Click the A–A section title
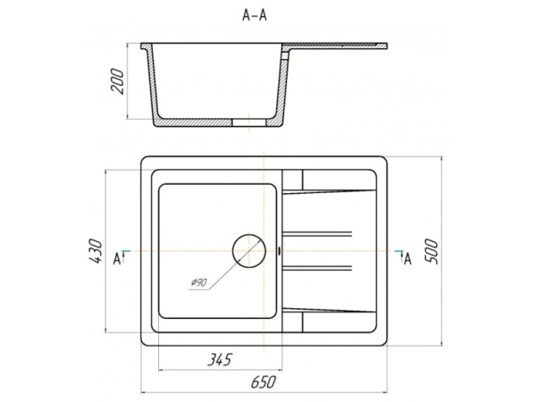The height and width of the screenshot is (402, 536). click(255, 15)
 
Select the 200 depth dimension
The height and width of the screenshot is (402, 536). click(117, 81)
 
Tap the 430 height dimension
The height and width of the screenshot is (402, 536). click(96, 251)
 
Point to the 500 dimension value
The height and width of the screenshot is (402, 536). click(431, 252)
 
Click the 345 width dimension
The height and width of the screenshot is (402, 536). click(220, 360)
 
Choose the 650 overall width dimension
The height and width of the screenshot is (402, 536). click(263, 382)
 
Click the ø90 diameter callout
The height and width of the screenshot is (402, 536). click(198, 282)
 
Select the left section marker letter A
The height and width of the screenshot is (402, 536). click(117, 259)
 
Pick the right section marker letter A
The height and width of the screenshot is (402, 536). click(407, 259)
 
